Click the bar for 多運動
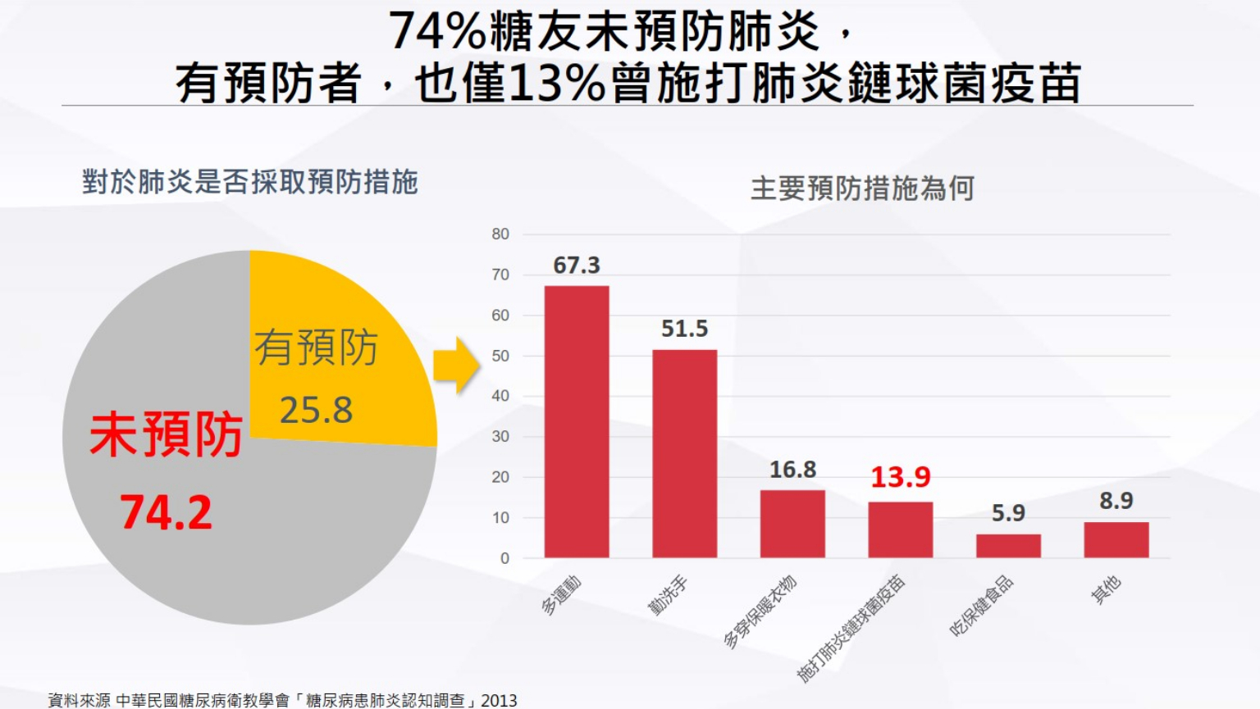coord(577,421)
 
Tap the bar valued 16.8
coord(792,524)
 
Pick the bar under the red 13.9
coord(900,529)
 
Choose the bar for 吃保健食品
coord(1008,546)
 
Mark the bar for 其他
coord(1116,539)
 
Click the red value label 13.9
coord(900,477)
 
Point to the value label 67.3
coord(577,266)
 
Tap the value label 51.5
coord(684,329)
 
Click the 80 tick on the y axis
coord(500,234)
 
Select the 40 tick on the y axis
coord(500,396)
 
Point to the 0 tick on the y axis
coord(504,558)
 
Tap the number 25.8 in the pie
coord(316,410)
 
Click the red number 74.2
coord(167,512)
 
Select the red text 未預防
coord(167,434)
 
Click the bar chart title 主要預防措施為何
coord(862,189)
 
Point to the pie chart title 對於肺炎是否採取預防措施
coord(250,182)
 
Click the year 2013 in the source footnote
coord(499,700)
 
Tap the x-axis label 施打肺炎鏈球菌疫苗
coord(851,629)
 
